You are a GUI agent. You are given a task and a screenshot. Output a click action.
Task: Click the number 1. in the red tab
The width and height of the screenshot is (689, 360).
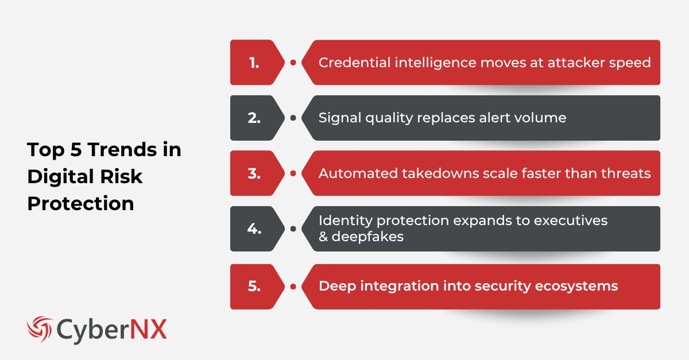(254, 63)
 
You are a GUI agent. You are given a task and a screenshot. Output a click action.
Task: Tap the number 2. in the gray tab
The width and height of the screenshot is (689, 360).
(254, 118)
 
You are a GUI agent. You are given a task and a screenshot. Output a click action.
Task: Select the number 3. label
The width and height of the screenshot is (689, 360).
(254, 173)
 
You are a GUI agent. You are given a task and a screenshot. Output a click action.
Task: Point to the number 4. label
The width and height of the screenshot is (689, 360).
(254, 229)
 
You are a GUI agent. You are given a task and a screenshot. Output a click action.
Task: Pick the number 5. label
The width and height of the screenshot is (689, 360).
(254, 286)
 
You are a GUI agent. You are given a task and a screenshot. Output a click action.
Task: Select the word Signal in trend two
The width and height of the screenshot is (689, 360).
(338, 118)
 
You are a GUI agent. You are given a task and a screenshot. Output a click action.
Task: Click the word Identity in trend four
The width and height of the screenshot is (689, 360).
(342, 220)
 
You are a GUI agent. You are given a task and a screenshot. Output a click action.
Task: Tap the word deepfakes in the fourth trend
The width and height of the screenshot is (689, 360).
(367, 237)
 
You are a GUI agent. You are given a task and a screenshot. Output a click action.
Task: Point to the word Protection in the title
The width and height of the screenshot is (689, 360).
(80, 203)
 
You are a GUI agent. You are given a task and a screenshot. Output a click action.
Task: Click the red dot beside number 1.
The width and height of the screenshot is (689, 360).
(293, 63)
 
